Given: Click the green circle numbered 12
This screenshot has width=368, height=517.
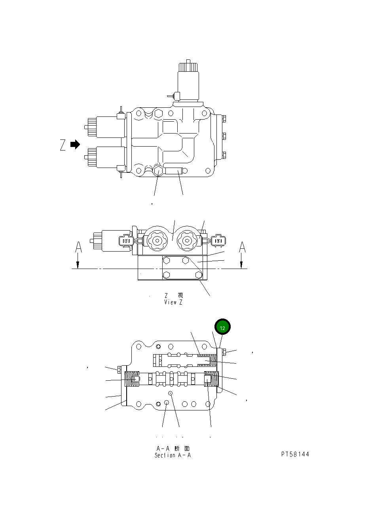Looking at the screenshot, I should pos(222,327).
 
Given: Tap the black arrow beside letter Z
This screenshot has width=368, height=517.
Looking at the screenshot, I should pos(75,145).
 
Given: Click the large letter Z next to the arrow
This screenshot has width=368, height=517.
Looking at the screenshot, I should pos(63,145).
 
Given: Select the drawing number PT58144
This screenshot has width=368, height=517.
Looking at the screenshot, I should pos(295,454).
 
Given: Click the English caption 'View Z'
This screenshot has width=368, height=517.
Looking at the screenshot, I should pos(173,302).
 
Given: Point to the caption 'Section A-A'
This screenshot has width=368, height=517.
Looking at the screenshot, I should pos(173,455).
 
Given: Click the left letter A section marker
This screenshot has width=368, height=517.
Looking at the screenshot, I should pos(78,248).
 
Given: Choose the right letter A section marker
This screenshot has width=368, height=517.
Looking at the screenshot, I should pos(242,248).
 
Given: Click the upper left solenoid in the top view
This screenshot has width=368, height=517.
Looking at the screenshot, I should pos(106,127).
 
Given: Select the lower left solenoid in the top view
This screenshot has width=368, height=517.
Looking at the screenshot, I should pos(106,157).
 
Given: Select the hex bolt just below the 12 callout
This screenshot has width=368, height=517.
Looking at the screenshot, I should pos(224,352).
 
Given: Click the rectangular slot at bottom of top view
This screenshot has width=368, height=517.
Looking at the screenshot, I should pos(174,171).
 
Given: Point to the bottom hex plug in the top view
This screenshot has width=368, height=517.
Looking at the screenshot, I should pos(158,171).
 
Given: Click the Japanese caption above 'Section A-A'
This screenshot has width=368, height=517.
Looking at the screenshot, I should pos(173,448).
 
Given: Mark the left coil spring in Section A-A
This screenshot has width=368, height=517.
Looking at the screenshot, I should pos(132,380).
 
